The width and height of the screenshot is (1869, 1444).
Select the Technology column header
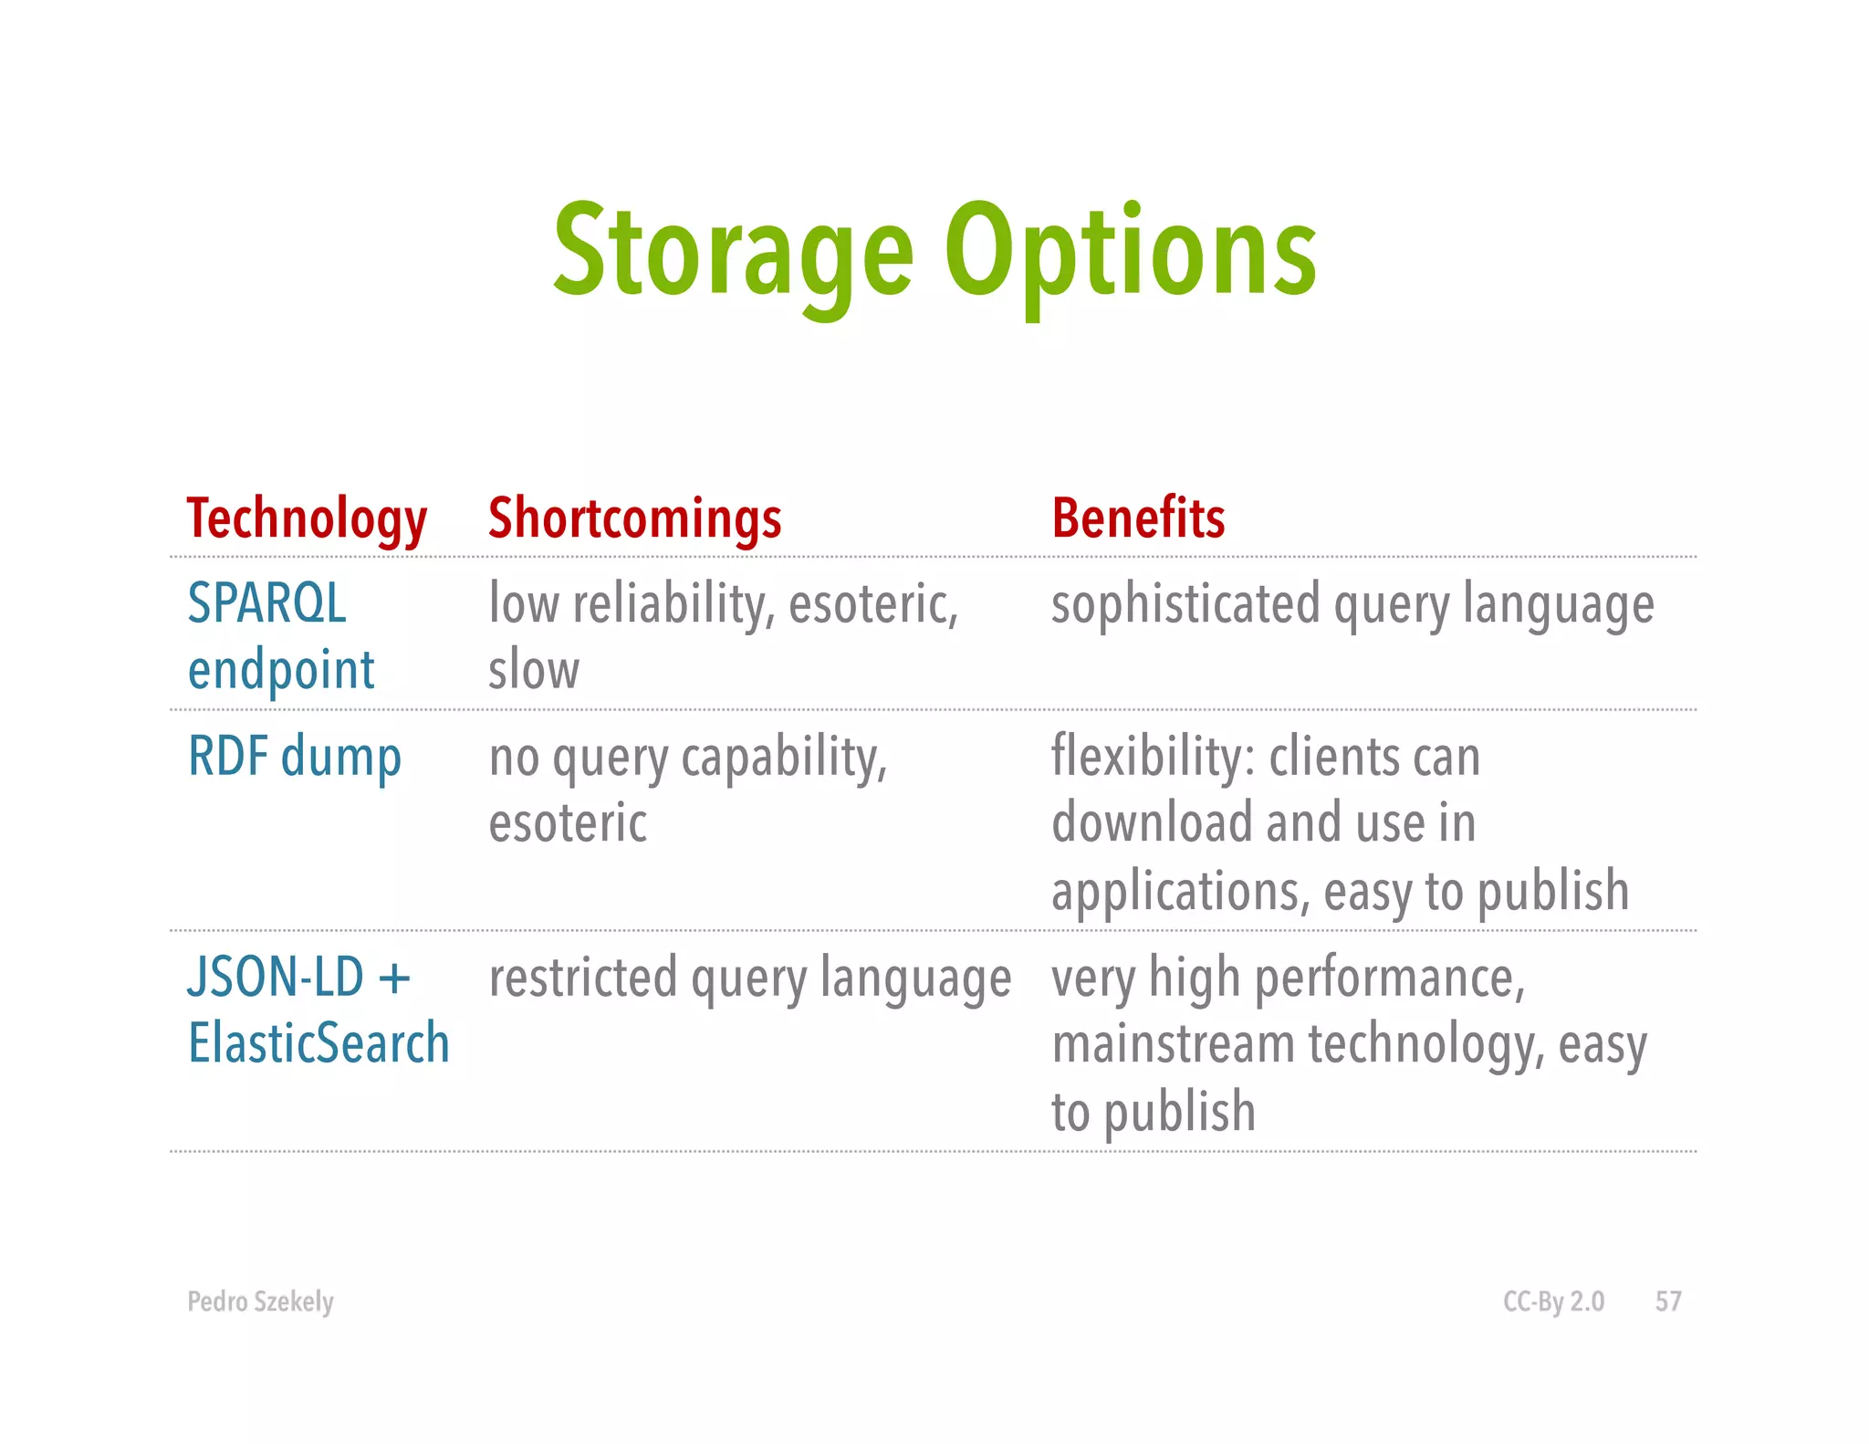(307, 518)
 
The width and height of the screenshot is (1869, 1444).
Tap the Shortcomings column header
(634, 518)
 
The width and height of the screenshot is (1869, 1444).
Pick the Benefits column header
(1137, 518)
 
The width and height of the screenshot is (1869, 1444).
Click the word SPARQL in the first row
(266, 603)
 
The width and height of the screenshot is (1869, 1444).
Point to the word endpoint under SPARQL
(281, 671)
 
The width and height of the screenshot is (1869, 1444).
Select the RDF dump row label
(294, 758)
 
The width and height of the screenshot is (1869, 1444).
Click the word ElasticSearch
(318, 1043)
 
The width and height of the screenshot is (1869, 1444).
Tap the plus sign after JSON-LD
(394, 978)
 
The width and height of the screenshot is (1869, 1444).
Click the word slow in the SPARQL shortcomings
(534, 670)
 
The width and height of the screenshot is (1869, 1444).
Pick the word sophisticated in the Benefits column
(1185, 604)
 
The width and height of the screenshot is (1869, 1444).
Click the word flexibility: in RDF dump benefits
(1153, 757)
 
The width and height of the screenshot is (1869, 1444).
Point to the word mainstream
(1173, 1044)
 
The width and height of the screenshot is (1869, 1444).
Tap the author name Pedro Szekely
(260, 1301)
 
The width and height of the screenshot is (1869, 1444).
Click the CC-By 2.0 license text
(1553, 1301)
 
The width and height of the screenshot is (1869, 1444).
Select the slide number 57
(1667, 1301)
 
